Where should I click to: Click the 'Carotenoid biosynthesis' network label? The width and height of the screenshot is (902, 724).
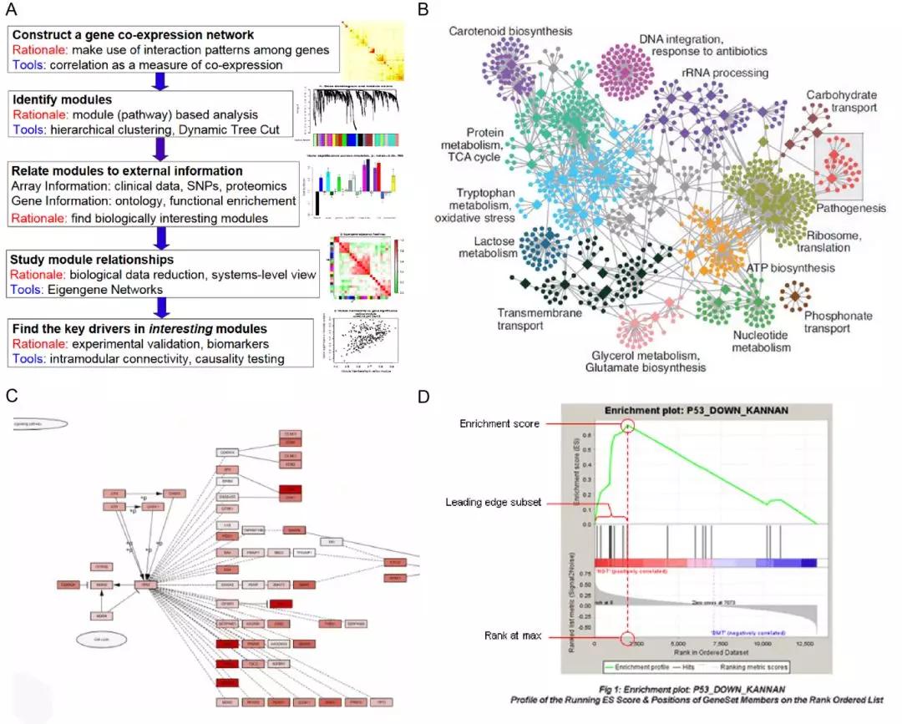click(510, 31)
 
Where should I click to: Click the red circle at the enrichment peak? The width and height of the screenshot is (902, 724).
click(627, 426)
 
